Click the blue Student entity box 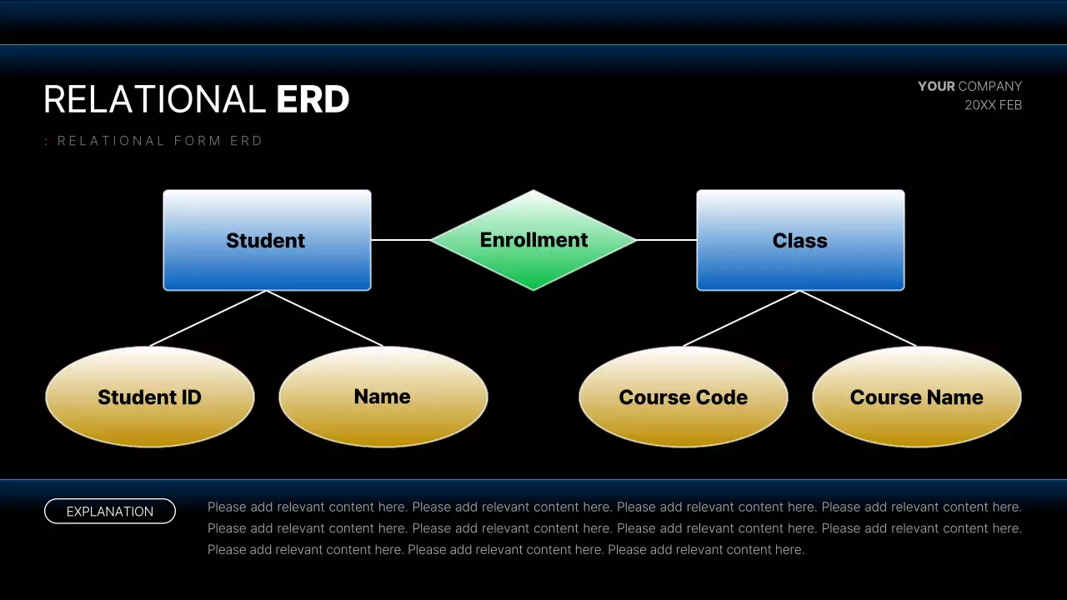coord(267,240)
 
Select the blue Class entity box coord(800,240)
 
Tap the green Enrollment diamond coord(533,240)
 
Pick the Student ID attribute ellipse coord(150,397)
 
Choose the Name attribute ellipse coord(383,397)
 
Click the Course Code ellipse coord(684,397)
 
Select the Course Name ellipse coord(917,397)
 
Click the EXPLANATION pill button coord(110,511)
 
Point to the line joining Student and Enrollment coord(400,240)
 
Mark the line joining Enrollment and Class coord(667,240)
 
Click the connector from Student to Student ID coord(208,318)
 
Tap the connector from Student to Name coord(325,318)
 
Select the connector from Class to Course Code coord(742,318)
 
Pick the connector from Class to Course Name coord(859,318)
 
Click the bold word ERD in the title coord(313,100)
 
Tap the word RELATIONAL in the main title coord(154,100)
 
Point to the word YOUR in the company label coord(936,86)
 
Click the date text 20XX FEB coord(993,105)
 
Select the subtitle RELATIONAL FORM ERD coord(158,141)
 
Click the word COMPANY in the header coord(990,86)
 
